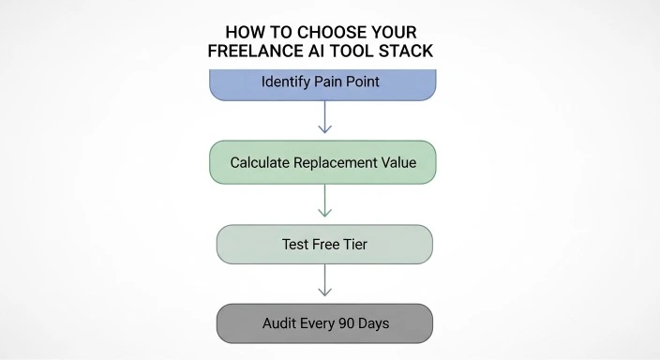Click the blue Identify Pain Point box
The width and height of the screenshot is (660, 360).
tap(323, 82)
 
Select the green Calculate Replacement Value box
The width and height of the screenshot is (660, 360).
tap(323, 162)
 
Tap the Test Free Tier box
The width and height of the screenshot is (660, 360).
tap(323, 244)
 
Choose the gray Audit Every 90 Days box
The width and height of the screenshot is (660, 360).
tap(323, 323)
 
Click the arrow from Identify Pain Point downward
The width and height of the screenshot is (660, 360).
tap(323, 119)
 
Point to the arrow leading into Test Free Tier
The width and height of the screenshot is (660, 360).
tap(323, 201)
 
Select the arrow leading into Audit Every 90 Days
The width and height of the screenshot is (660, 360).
tap(323, 281)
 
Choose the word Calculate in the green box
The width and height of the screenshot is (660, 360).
tap(262, 162)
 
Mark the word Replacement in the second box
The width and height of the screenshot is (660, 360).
tap(336, 162)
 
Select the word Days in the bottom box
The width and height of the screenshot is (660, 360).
tap(373, 323)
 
